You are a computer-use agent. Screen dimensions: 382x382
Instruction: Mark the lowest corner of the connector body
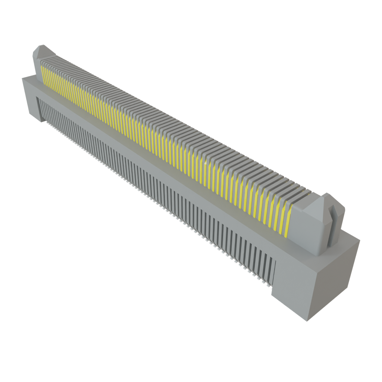click(306, 321)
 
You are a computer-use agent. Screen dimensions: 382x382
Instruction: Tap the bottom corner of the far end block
click(41, 122)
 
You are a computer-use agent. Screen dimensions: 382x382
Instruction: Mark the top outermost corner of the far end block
click(22, 78)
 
